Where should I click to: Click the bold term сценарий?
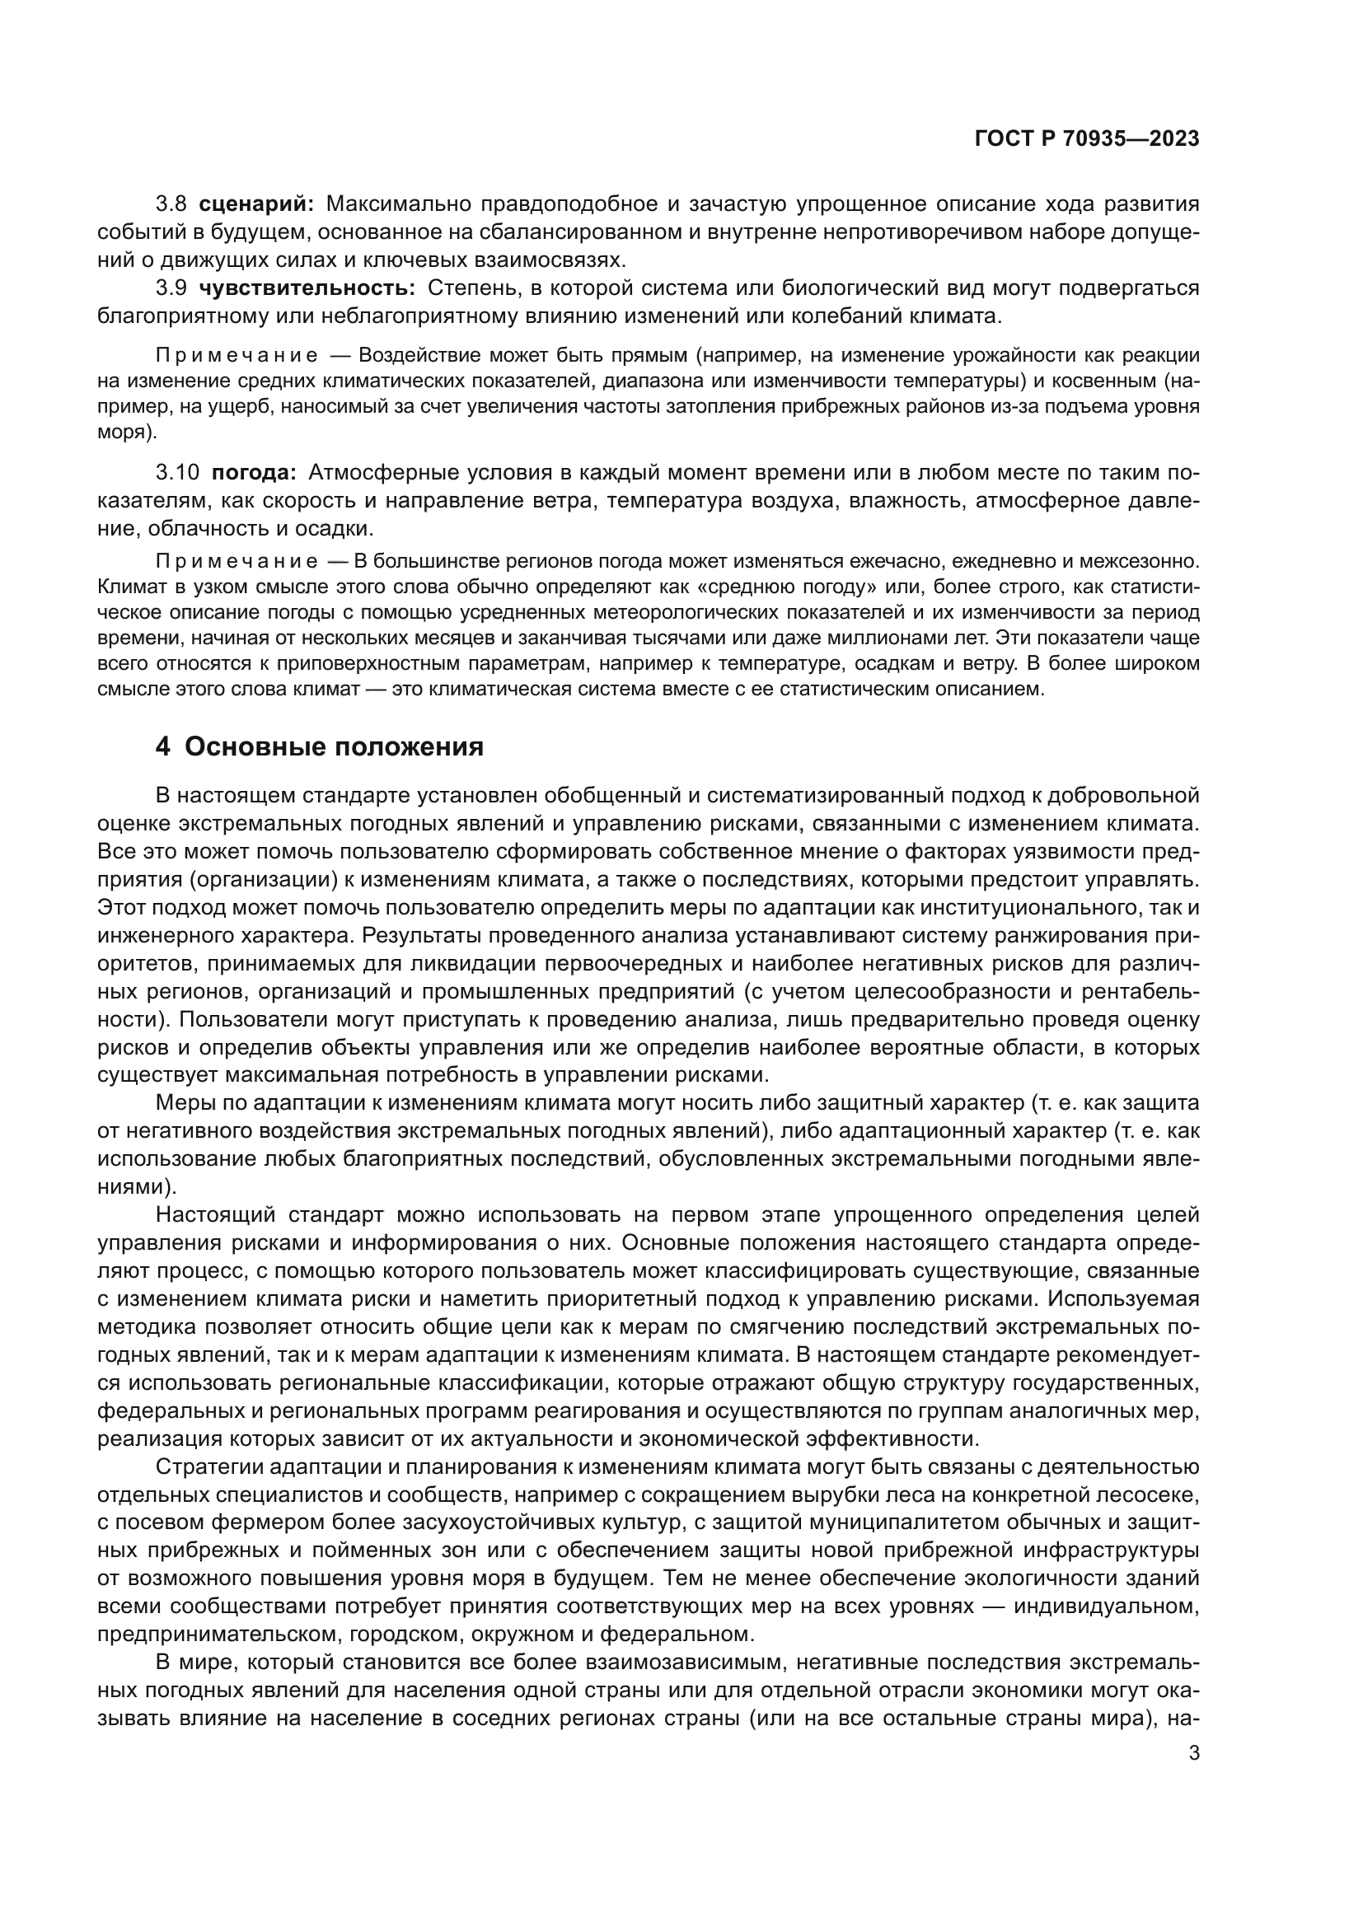coord(257,204)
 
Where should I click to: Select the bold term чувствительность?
coord(307,288)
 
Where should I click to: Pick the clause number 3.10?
coord(177,473)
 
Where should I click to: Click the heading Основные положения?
coord(333,746)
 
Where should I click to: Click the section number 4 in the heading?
coord(163,746)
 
